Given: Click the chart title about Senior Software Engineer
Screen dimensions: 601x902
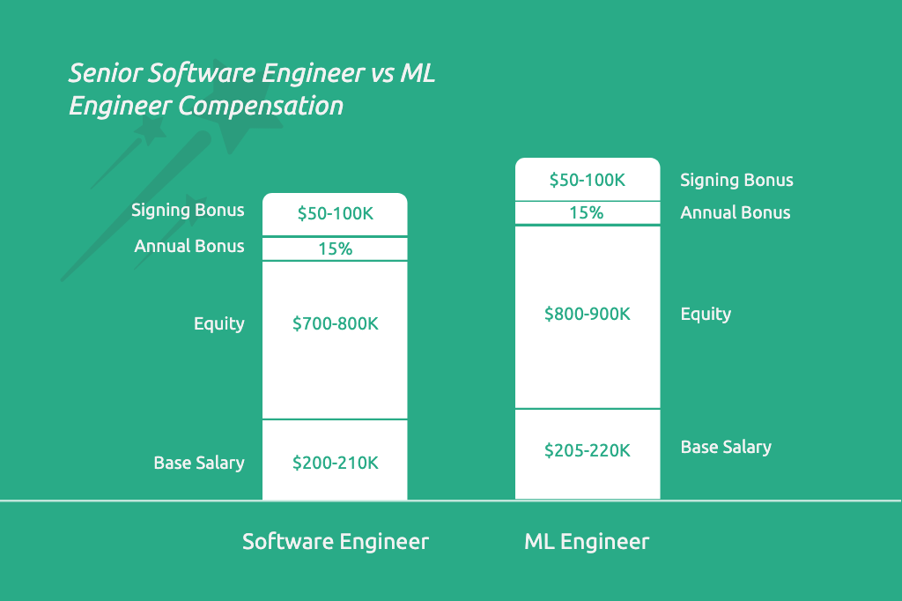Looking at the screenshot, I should [251, 88].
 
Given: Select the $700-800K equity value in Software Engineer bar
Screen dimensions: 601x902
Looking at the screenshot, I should [336, 323].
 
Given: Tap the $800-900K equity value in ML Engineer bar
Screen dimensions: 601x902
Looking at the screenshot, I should [588, 314].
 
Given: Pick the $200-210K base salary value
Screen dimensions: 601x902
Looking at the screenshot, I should [336, 463].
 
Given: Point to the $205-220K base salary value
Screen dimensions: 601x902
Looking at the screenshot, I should [588, 450].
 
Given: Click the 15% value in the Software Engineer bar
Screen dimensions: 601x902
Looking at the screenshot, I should [335, 249].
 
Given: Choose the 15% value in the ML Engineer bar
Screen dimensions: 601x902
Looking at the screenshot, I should [587, 212].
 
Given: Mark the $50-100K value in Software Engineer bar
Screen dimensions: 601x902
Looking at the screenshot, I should [336, 214].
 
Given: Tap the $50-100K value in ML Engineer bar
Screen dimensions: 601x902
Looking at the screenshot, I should [588, 180].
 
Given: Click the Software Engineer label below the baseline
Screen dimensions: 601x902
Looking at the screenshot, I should [336, 541].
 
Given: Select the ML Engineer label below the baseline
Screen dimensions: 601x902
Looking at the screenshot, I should [587, 541].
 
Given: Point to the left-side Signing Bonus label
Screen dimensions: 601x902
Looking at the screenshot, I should [188, 211].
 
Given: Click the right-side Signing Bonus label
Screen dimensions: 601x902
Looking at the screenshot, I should [736, 181].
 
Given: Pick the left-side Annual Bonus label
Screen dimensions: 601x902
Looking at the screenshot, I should [189, 246].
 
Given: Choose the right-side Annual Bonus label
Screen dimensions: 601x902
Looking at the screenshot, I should [736, 212].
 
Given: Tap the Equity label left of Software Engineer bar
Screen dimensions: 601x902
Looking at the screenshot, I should [219, 323].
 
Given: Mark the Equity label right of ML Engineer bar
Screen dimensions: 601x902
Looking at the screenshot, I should [706, 314].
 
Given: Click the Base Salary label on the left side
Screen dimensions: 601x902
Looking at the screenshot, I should [199, 463].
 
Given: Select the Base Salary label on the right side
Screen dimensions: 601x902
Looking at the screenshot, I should [726, 448].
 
